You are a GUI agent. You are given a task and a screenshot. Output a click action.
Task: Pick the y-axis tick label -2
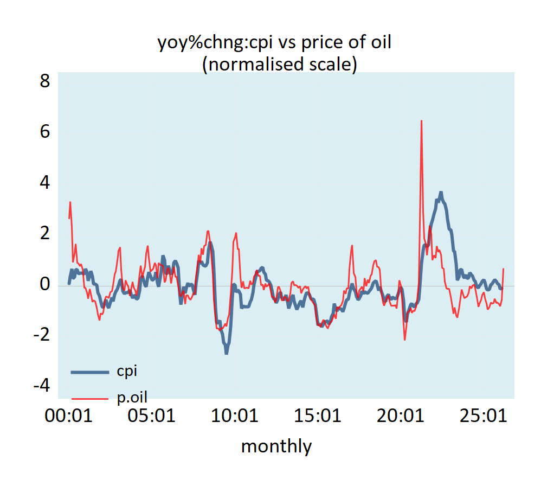[41, 335]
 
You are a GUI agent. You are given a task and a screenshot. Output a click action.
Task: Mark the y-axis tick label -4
[41, 386]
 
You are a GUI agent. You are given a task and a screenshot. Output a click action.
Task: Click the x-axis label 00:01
[68, 416]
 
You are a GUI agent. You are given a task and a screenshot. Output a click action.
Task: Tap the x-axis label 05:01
[152, 416]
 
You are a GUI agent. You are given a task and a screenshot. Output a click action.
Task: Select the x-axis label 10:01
[235, 416]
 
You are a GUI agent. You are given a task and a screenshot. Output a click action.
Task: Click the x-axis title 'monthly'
[276, 446]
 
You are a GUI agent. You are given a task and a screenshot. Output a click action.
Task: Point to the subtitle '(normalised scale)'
[279, 64]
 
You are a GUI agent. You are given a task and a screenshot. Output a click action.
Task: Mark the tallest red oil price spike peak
[421, 121]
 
